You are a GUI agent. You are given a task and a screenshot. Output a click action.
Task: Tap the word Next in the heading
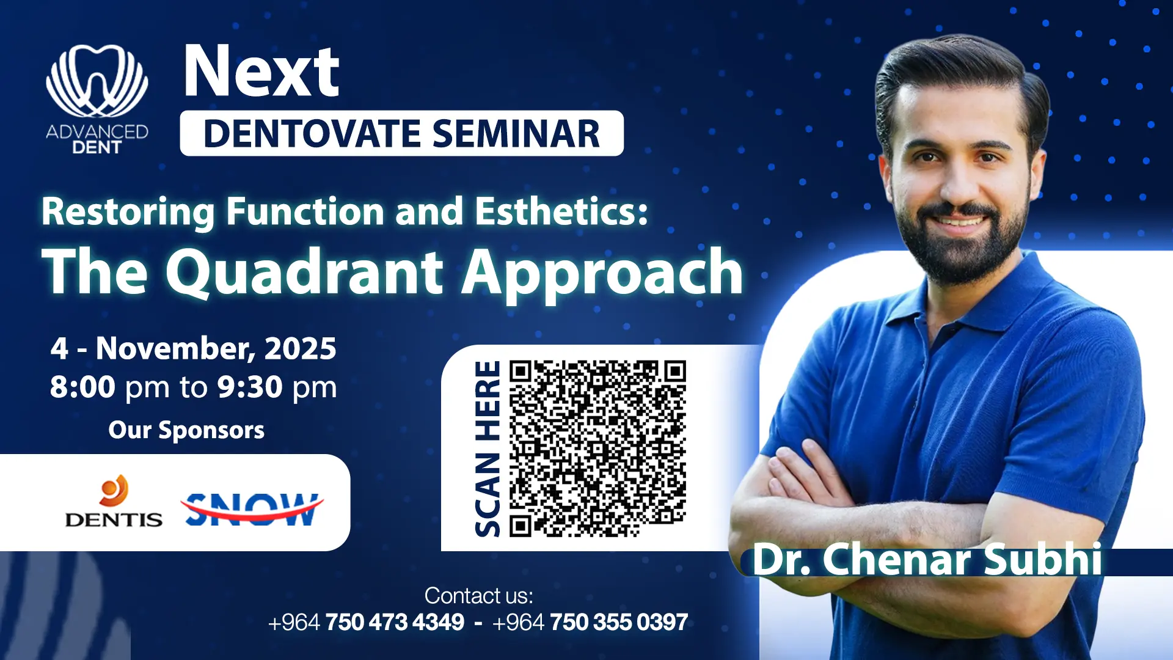coord(261,71)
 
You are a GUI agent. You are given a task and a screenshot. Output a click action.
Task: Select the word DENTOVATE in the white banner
coord(312,134)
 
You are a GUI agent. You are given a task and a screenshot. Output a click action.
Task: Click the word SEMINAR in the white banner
coord(516,134)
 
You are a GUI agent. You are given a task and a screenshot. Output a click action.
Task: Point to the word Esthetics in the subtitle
coord(561,211)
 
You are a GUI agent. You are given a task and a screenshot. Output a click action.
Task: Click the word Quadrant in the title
coord(304,273)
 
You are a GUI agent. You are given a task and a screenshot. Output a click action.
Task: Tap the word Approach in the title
coord(602,274)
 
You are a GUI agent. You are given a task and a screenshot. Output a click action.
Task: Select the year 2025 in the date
coord(300,348)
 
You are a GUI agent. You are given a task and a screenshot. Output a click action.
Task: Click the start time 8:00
coord(82,387)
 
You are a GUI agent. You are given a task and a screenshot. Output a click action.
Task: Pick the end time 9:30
coord(250,387)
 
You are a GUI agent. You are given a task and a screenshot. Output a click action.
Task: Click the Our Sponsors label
coord(186,430)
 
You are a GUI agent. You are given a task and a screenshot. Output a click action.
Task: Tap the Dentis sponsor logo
coord(114,502)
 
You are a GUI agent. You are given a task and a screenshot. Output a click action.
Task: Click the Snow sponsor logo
coord(252,508)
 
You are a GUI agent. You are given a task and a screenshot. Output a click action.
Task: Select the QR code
coord(597,449)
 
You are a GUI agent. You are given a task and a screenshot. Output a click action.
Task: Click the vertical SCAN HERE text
coord(488,449)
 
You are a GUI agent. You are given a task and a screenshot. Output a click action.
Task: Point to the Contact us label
coord(479,596)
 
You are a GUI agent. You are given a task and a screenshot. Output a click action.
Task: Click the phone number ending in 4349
coord(367,623)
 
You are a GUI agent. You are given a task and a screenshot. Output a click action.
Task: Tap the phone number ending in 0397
coord(590,623)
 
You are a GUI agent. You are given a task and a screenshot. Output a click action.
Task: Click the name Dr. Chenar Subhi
coord(927,560)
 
